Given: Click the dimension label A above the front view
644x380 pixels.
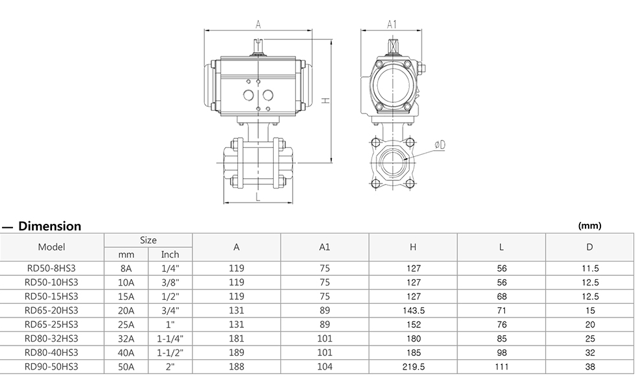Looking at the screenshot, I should pyautogui.click(x=258, y=25).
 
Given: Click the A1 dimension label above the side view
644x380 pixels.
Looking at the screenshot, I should pyautogui.click(x=392, y=24).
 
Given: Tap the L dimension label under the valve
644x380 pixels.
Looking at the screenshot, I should pyautogui.click(x=258, y=195).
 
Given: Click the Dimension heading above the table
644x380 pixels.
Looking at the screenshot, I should pyautogui.click(x=50, y=226).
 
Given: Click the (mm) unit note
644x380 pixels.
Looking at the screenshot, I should pyautogui.click(x=589, y=226).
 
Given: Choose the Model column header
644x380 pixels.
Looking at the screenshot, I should pyautogui.click(x=51, y=247).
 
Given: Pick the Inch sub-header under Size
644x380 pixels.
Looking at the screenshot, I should pyautogui.click(x=170, y=254).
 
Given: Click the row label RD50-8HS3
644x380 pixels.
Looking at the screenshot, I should pyautogui.click(x=51, y=268).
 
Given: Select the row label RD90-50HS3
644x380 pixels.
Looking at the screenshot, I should pyautogui.click(x=51, y=367).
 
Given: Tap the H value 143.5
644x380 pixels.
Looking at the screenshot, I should pyautogui.click(x=413, y=311).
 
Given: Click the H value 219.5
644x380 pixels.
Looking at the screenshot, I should pyautogui.click(x=413, y=367).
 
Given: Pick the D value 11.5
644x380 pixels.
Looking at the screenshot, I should pyautogui.click(x=589, y=268).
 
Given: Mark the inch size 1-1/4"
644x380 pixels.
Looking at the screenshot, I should pyautogui.click(x=170, y=339).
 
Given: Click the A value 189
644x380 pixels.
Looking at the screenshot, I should pyautogui.click(x=237, y=353).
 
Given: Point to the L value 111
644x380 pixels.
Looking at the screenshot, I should pyautogui.click(x=502, y=367).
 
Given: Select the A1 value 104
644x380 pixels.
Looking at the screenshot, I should pyautogui.click(x=325, y=367).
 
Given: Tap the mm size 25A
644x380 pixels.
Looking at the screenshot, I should pyautogui.click(x=126, y=325).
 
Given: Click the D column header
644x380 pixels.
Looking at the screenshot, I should pyautogui.click(x=589, y=247).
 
